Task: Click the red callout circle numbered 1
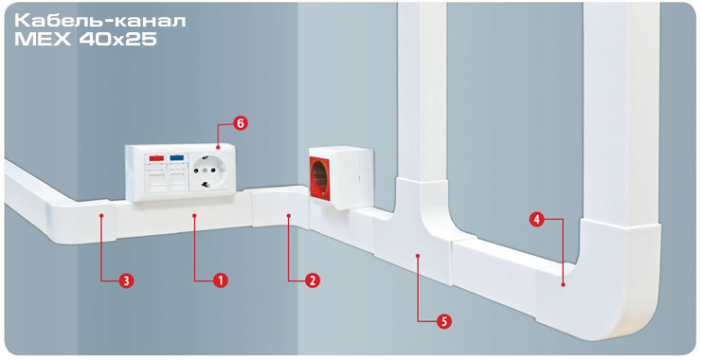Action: point(221,280)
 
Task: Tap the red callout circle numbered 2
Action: point(313,280)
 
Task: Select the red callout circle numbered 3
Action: point(127,280)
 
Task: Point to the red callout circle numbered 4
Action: point(537,220)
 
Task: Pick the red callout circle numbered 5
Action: point(444,320)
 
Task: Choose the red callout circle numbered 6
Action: point(241,123)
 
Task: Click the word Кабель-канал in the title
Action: point(100,21)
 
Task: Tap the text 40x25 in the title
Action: point(118,40)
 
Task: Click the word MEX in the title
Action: point(43,40)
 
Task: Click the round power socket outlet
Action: point(209,171)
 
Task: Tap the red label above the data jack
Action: point(155,158)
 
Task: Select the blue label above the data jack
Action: point(176,158)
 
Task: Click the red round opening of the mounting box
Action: point(320,178)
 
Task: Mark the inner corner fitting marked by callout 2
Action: point(279,208)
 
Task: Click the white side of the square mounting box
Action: point(352,179)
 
